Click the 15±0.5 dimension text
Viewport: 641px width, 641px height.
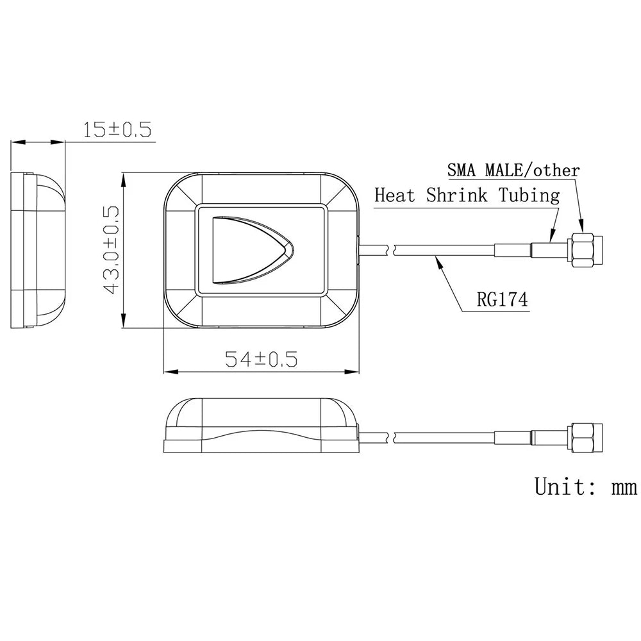pos(117,130)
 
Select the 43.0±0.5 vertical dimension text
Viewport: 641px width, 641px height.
pos(112,250)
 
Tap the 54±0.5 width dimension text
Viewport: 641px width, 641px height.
pos(261,359)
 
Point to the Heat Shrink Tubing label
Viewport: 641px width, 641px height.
pos(467,195)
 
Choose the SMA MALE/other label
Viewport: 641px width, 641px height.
pos(513,171)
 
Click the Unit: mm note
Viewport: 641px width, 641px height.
pos(585,487)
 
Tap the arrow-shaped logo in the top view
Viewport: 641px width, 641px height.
pos(250,249)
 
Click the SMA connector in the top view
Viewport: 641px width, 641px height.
pos(585,250)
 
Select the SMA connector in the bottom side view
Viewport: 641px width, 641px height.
pos(585,437)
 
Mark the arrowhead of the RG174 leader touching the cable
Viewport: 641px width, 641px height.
pos(437,258)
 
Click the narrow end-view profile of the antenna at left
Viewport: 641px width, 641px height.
pos(37,250)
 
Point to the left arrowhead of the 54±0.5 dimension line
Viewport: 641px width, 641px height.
pos(168,372)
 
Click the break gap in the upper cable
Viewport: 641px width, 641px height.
pos(390,250)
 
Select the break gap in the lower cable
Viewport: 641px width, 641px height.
pos(390,437)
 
